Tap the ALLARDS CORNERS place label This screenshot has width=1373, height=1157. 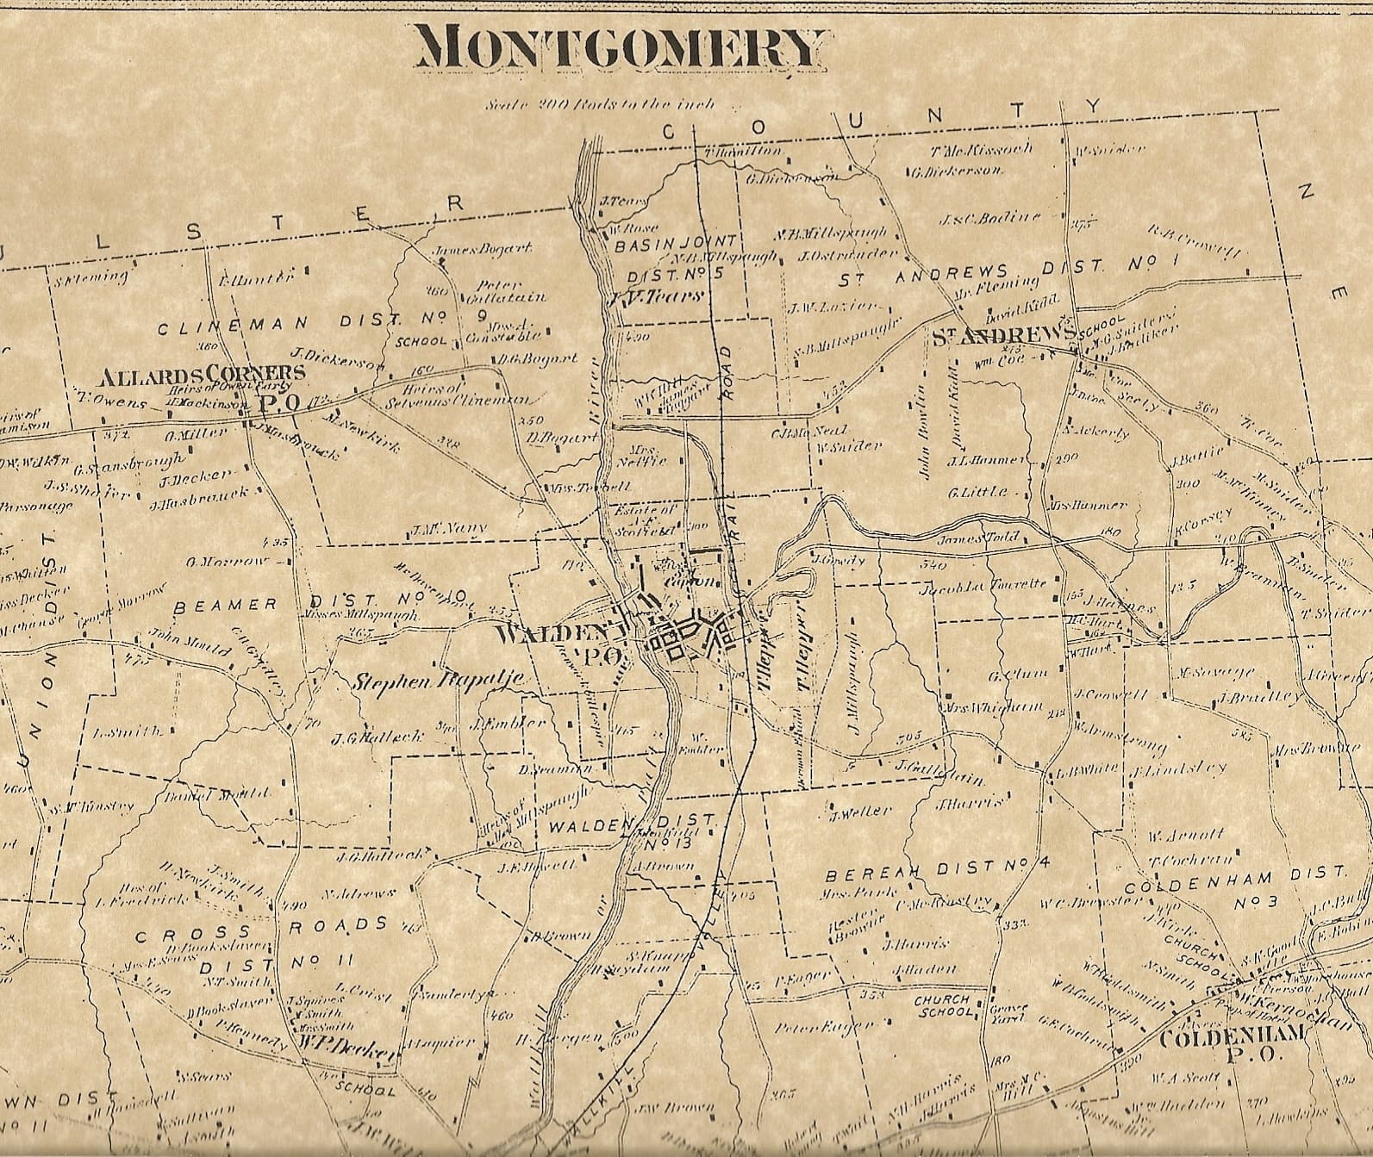[203, 374]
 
